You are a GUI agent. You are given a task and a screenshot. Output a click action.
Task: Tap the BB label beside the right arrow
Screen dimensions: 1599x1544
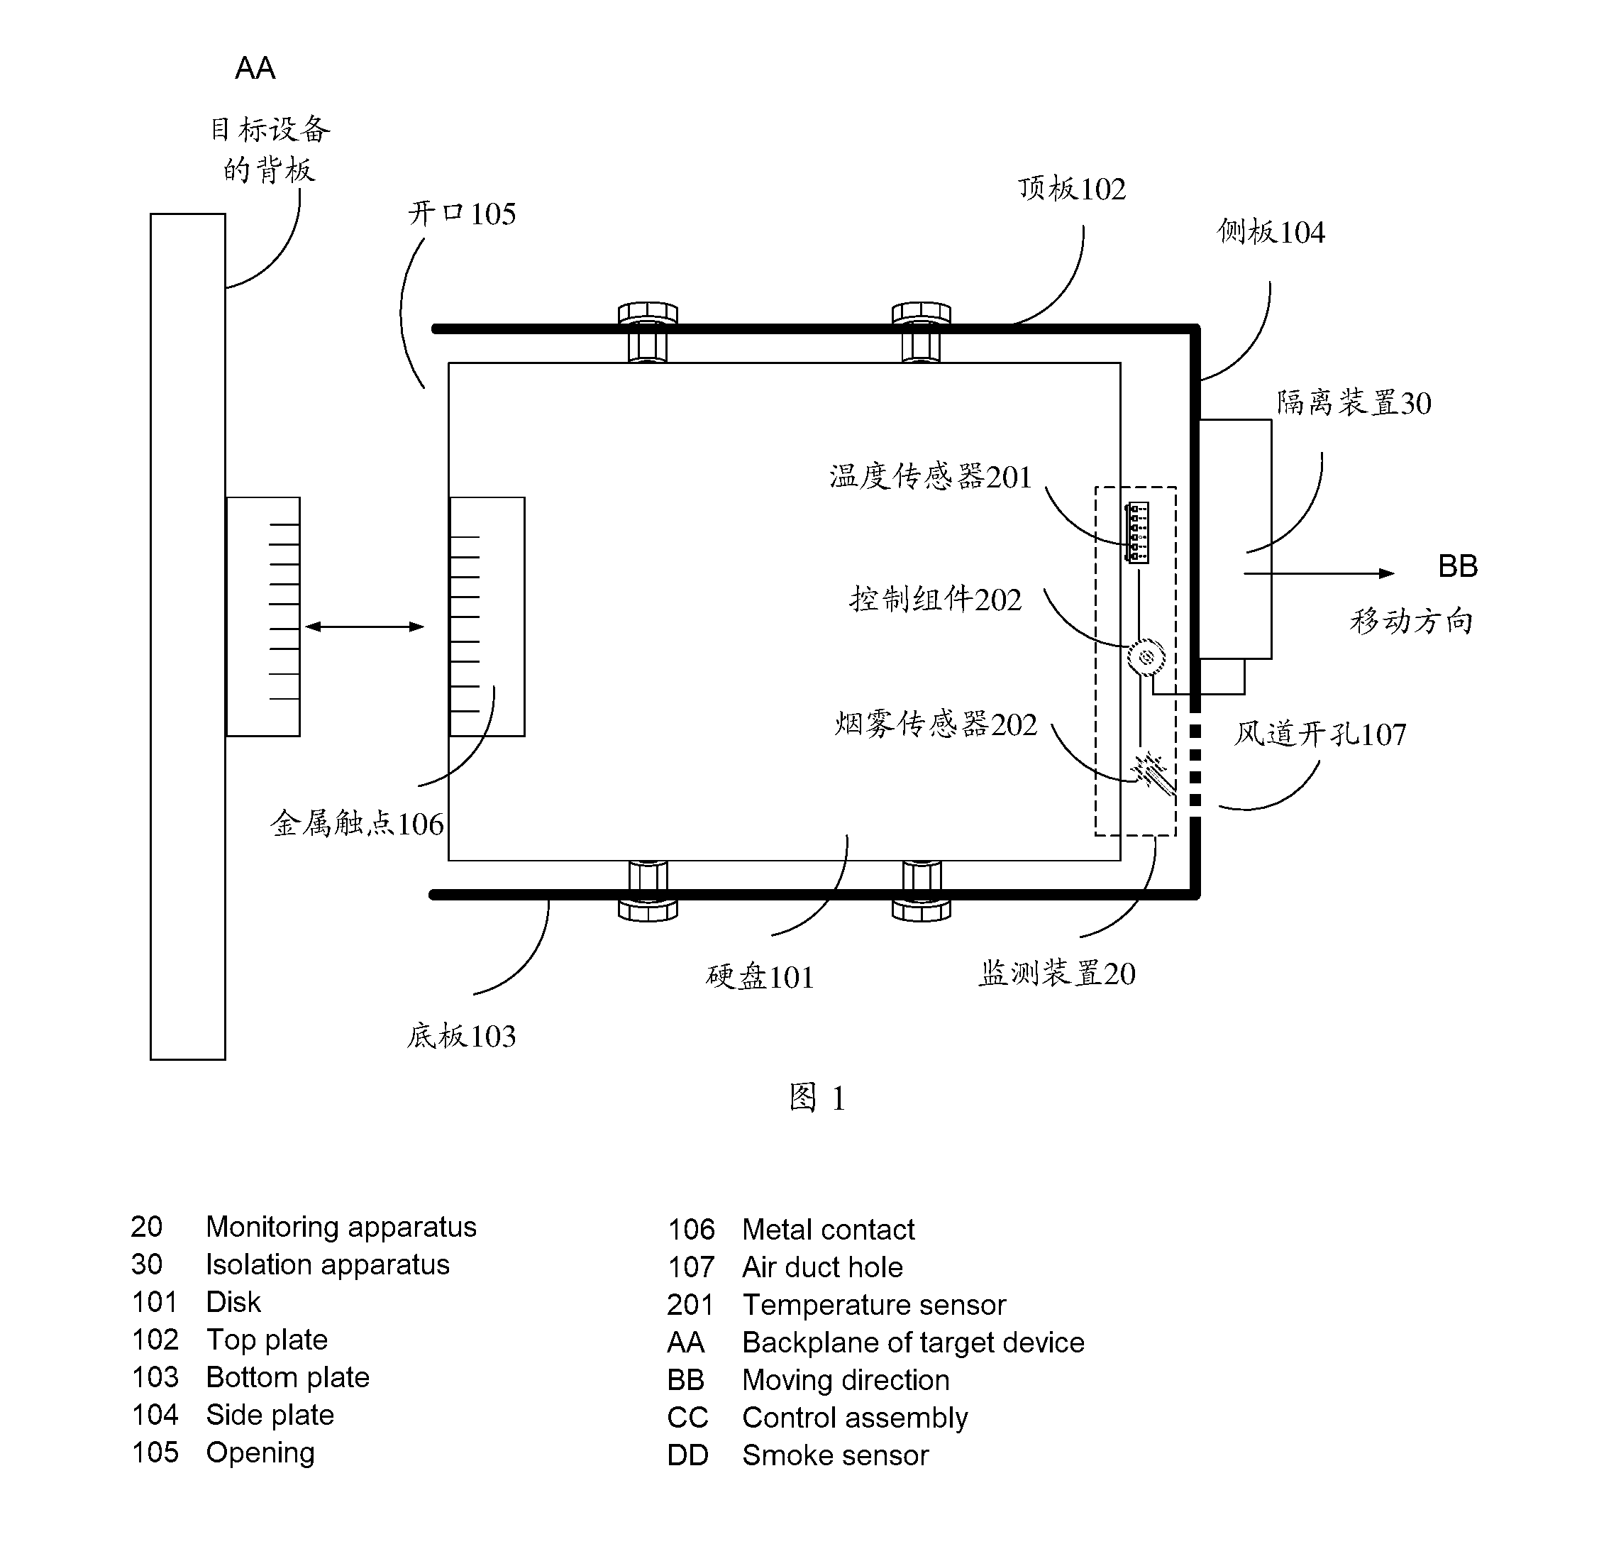pyautogui.click(x=1457, y=566)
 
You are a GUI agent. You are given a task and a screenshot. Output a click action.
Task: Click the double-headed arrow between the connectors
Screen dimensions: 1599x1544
pyautogui.click(x=364, y=627)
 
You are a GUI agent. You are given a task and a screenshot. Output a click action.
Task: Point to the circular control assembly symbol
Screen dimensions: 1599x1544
pyautogui.click(x=1146, y=656)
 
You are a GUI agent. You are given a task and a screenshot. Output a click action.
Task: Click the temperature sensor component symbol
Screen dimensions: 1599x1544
pyautogui.click(x=1136, y=532)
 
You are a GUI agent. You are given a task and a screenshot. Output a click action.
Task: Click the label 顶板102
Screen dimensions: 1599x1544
pyautogui.click(x=1072, y=189)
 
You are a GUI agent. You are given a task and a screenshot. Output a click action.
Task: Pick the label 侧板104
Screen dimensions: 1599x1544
pyautogui.click(x=1271, y=232)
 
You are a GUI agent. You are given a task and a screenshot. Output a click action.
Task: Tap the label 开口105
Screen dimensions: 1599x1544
pyautogui.click(x=462, y=214)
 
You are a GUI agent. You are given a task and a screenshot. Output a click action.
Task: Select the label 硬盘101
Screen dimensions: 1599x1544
pyautogui.click(x=760, y=977)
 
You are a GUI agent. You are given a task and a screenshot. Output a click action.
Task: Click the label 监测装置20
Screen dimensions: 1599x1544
pyautogui.click(x=1056, y=973)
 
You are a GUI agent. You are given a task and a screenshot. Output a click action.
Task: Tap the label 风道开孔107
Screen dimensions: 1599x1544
pyautogui.click(x=1320, y=734)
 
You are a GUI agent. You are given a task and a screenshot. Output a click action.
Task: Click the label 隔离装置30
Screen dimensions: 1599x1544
pyautogui.click(x=1354, y=402)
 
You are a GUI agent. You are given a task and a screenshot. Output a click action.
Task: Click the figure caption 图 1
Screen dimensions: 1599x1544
pyautogui.click(x=817, y=1098)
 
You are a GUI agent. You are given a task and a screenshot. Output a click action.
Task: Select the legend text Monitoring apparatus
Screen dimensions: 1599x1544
pyautogui.click(x=341, y=1227)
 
